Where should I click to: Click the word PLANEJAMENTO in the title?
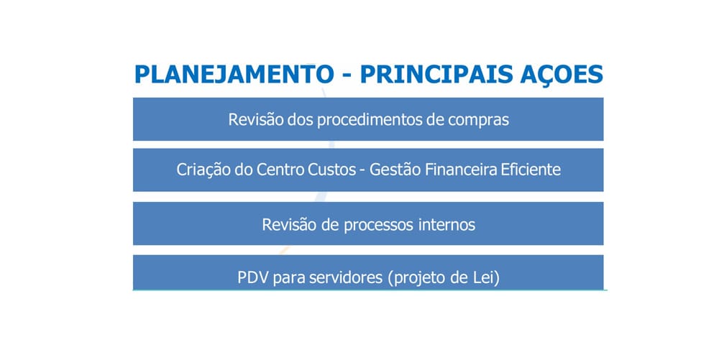tap(234, 74)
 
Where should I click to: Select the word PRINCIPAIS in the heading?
tap(436, 74)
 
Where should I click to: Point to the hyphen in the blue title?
tap(347, 76)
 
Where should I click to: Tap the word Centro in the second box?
tap(280, 170)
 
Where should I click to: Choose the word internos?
tap(446, 224)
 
